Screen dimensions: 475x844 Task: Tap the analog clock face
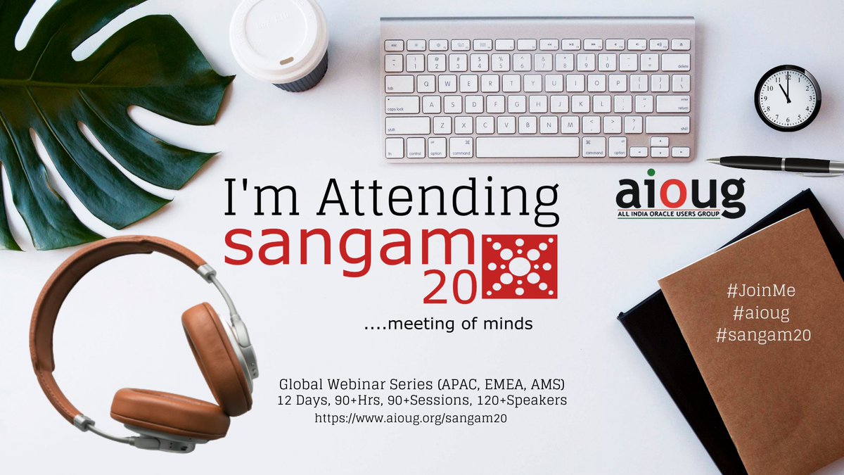pos(787,98)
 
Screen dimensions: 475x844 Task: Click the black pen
pos(774,164)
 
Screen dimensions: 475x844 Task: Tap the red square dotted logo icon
pos(518,267)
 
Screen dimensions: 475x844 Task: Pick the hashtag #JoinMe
pos(763,291)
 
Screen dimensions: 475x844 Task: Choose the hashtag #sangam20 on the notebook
pos(763,336)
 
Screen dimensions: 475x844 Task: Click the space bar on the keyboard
pos(527,148)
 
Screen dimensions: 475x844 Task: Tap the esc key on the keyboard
pos(394,44)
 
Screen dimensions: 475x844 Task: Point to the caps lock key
pos(401,105)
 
